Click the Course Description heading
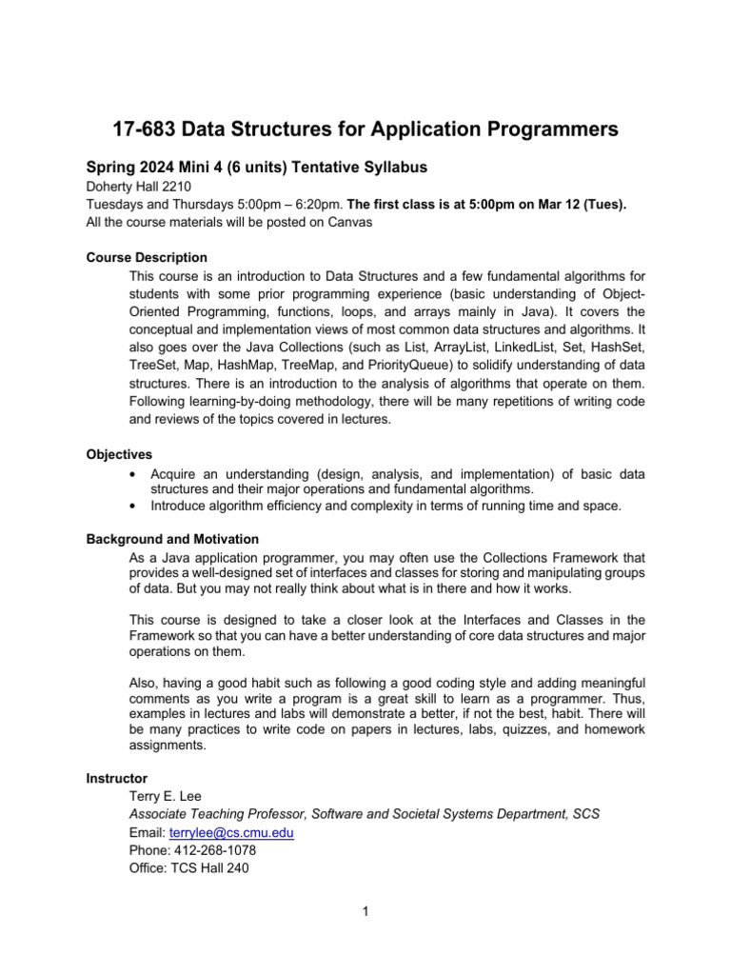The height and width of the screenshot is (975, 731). (x=147, y=257)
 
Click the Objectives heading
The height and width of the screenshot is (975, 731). (x=119, y=455)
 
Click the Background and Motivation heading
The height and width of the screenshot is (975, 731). (x=172, y=539)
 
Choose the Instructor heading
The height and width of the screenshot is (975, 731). (x=116, y=778)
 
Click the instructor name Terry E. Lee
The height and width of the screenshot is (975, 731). (x=166, y=796)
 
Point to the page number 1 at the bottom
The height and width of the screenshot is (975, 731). (x=365, y=911)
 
